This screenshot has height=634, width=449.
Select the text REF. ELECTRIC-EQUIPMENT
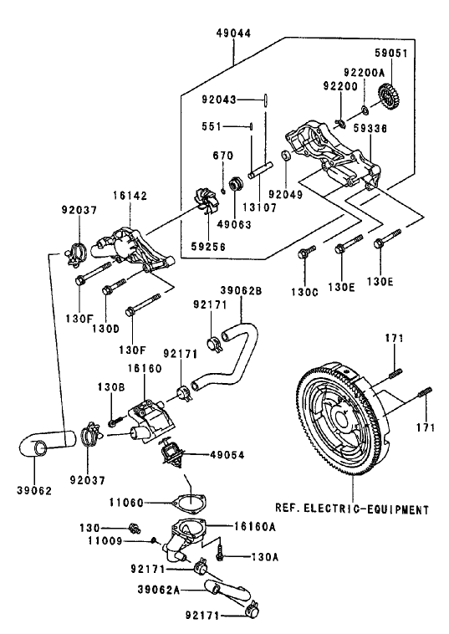[350, 508]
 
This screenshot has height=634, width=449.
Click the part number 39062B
[242, 291]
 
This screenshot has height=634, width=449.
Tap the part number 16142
[131, 195]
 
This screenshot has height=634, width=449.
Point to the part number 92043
[218, 100]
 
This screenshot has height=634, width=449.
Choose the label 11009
[129, 542]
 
